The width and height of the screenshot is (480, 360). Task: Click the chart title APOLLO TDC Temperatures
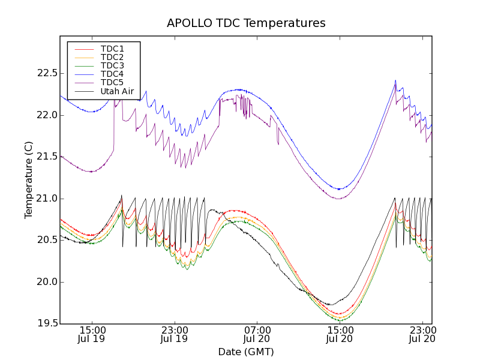coord(246,23)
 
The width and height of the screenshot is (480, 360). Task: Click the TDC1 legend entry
coord(112,49)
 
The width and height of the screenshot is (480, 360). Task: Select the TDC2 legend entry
coord(112,57)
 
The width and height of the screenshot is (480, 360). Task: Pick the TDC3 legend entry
coord(112,65)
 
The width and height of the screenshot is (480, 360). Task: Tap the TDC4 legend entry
coord(112,74)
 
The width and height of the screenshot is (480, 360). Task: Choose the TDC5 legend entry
coord(112,82)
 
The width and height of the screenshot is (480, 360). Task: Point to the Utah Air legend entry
coord(117,91)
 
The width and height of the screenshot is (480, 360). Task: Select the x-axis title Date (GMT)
coord(246,352)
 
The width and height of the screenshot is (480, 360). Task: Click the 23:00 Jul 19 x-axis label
coord(175,334)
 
